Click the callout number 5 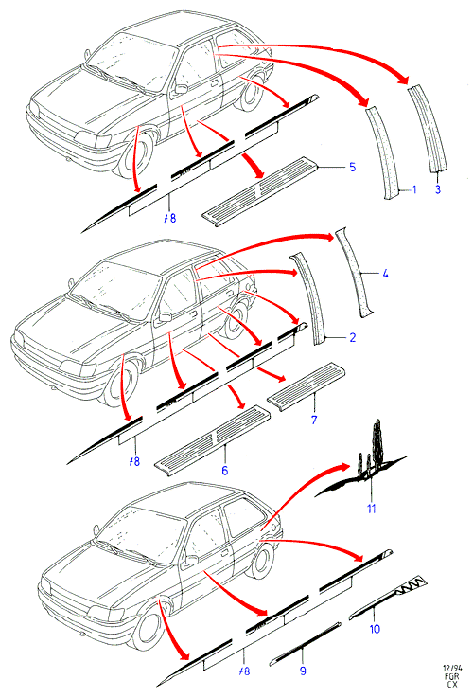click(x=352, y=167)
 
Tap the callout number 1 click(x=414, y=189)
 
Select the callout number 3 click(x=438, y=189)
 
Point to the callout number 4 click(x=385, y=273)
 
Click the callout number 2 click(x=353, y=337)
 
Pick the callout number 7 click(x=314, y=420)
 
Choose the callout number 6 click(x=225, y=470)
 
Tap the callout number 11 click(x=371, y=509)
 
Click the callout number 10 click(x=375, y=629)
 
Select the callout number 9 click(x=303, y=671)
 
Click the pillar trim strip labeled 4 click(x=355, y=274)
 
